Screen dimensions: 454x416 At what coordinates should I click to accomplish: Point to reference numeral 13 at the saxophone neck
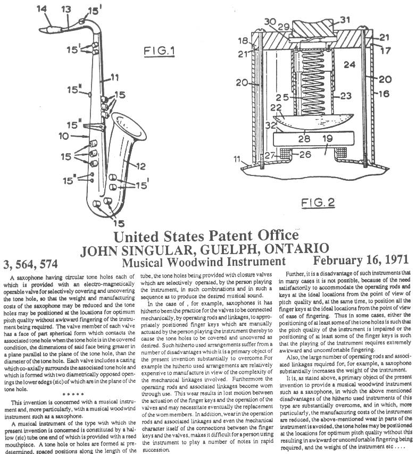[65, 9]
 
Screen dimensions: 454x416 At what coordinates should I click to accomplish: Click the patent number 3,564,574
[34, 262]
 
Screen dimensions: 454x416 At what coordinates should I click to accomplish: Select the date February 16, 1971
[361, 261]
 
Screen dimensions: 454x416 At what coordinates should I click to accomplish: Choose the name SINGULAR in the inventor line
[160, 248]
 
